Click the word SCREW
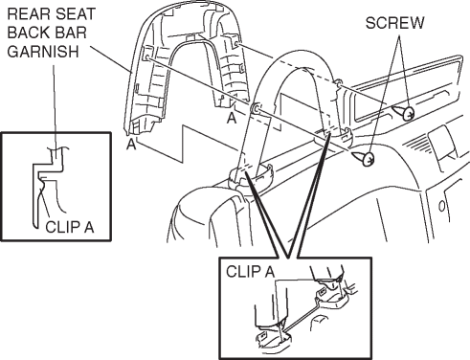[394, 23]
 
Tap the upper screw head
[408, 113]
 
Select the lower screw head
[369, 159]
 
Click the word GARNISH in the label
[43, 52]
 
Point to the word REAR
[26, 14]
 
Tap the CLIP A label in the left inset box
[70, 227]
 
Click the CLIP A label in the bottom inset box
[251, 272]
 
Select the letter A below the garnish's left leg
[131, 145]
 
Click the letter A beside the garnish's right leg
[232, 119]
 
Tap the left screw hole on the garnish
[147, 57]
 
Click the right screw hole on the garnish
[236, 43]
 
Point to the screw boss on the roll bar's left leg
[256, 108]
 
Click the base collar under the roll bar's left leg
[252, 176]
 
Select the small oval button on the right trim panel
[441, 207]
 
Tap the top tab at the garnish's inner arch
[190, 37]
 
